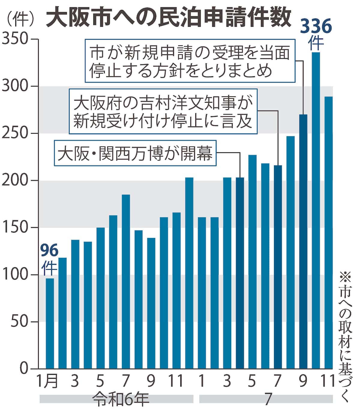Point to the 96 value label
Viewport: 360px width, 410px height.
pos(49,250)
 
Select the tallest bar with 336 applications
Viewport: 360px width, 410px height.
pos(316,210)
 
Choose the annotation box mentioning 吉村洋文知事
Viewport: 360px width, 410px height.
pos(163,111)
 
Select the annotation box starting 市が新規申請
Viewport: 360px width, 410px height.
pos(190,61)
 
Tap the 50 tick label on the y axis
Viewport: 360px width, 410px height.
pos(19,322)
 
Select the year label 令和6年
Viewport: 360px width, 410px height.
pos(120,399)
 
